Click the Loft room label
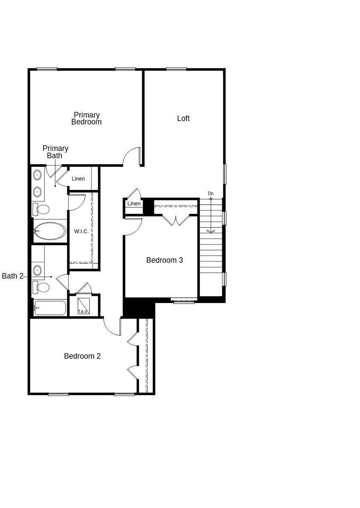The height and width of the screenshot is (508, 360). click(183, 118)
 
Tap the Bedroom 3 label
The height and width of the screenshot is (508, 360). click(165, 260)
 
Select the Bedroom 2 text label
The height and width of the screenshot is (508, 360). click(82, 356)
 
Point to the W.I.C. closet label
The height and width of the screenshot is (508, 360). click(81, 231)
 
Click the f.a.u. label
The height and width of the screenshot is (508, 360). click(83, 311)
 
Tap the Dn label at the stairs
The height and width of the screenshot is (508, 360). click(211, 193)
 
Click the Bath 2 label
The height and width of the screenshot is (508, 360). click(13, 276)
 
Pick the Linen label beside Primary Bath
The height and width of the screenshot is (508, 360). click(78, 179)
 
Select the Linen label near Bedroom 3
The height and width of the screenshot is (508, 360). click(134, 203)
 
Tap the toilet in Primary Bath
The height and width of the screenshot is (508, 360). click(41, 209)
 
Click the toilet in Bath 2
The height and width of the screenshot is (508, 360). click(41, 287)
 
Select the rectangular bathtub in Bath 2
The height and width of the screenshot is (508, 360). click(50, 308)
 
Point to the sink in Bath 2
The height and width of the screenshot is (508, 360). click(37, 270)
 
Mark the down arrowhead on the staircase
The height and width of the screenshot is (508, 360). click(211, 231)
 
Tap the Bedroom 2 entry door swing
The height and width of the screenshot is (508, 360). click(112, 327)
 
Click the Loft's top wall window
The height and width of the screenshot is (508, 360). click(176, 69)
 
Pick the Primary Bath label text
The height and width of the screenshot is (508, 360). click(55, 152)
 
